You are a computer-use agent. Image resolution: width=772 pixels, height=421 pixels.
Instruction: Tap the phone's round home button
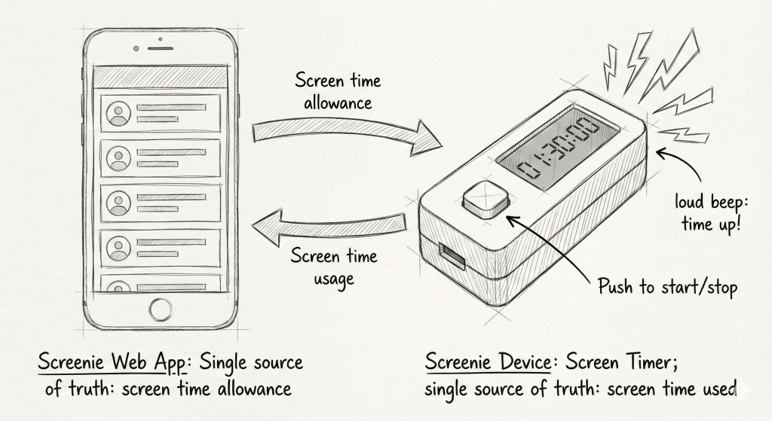[x=161, y=310]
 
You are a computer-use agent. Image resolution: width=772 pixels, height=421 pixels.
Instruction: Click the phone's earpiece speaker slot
[x=161, y=49]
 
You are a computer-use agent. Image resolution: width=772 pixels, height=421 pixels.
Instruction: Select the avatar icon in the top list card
[x=118, y=114]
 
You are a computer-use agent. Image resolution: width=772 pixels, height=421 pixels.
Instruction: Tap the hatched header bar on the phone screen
[x=161, y=77]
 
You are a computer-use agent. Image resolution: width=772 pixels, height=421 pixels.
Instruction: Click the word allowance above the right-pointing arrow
[x=338, y=103]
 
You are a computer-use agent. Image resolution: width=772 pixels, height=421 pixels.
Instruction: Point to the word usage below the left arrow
[x=334, y=279]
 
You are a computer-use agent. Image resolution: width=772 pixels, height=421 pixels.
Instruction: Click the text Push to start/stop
[x=668, y=286]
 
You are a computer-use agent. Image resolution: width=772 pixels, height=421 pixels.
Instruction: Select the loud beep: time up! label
[x=712, y=213]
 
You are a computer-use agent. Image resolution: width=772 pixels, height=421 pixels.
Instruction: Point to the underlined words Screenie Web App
[x=112, y=362]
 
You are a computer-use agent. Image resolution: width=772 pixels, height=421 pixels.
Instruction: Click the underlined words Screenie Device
[x=488, y=362]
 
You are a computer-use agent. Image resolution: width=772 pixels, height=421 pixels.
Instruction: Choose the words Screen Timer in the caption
[x=621, y=362]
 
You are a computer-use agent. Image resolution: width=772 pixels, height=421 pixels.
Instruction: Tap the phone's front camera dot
[x=136, y=49]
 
